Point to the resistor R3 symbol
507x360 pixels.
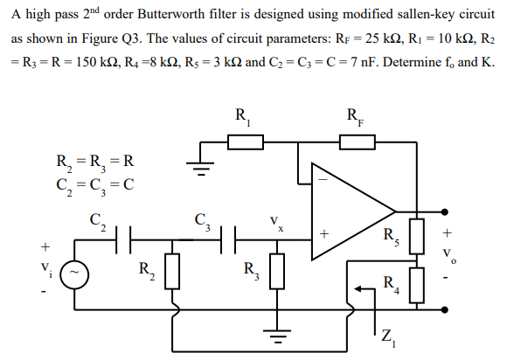coord(277,271)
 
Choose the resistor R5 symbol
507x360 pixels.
coord(417,235)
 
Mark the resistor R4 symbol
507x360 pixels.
coord(417,284)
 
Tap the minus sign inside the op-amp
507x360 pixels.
coord(323,182)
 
